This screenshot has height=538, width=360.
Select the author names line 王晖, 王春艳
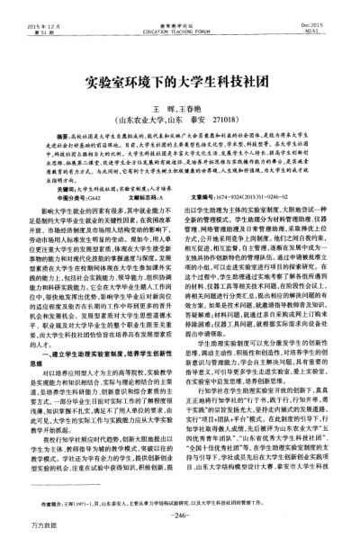pyautogui.click(x=180, y=105)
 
